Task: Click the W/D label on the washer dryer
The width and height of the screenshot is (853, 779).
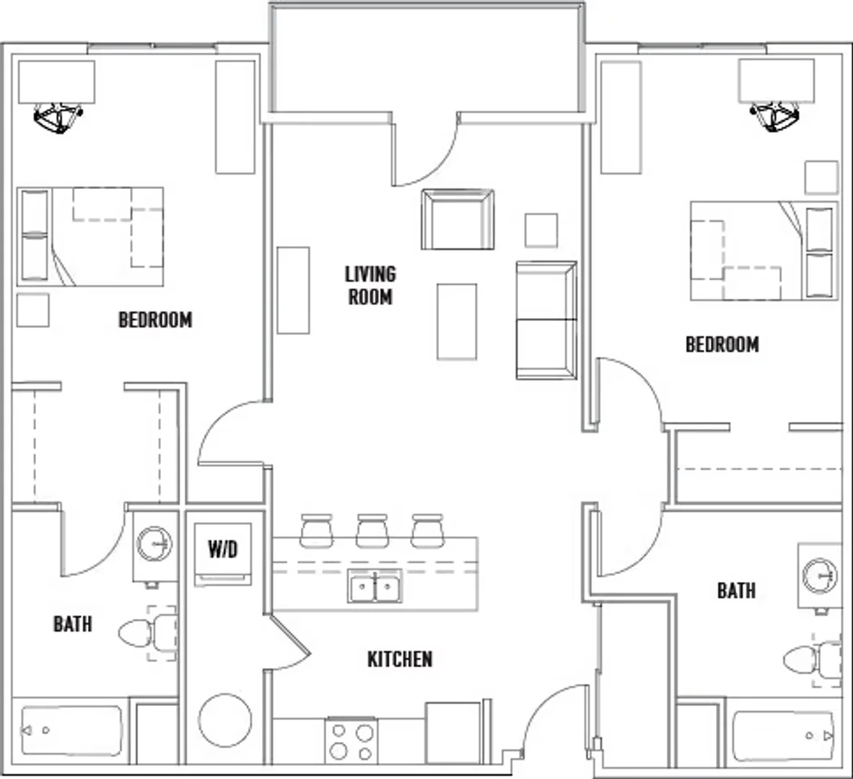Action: tap(223, 549)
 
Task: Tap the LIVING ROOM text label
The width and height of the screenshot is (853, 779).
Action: tap(370, 286)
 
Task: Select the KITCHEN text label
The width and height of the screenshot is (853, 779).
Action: tap(400, 659)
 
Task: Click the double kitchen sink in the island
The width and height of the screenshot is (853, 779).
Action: tap(375, 586)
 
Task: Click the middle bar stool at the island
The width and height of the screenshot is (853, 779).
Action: tap(372, 530)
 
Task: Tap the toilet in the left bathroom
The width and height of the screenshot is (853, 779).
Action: tap(148, 633)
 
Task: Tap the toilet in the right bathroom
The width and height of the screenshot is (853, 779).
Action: tap(813, 661)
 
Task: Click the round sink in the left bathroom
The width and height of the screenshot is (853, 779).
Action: tap(154, 544)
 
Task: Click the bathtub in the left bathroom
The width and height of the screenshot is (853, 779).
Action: tap(71, 731)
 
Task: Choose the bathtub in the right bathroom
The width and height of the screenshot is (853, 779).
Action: tap(784, 736)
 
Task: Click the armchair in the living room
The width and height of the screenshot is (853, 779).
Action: tap(458, 219)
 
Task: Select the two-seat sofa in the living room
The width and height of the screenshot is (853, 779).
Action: tap(546, 320)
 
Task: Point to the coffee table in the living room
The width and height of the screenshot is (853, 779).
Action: tap(457, 322)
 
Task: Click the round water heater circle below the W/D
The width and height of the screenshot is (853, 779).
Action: tap(225, 720)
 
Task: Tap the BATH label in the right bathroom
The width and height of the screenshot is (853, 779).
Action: tap(736, 591)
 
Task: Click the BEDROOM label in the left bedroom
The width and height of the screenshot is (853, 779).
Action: tap(156, 320)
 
